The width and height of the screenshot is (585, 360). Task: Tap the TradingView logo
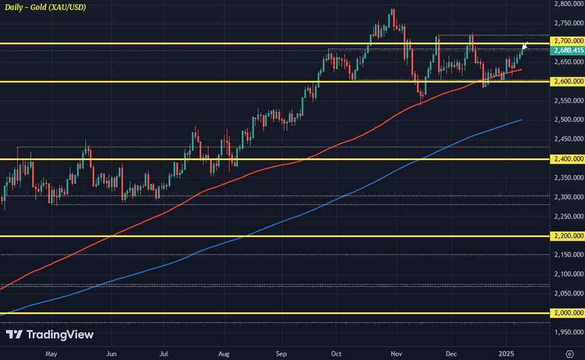point(50,335)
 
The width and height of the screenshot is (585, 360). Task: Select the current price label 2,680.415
point(567,51)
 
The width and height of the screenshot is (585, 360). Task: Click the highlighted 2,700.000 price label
point(567,41)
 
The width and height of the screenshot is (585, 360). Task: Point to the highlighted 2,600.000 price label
point(567,81)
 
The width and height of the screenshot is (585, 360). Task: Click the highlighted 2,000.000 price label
point(567,313)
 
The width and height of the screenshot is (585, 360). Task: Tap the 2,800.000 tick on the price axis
point(567,4)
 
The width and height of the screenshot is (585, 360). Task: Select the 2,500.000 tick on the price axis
point(567,120)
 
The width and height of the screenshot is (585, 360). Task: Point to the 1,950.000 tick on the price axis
point(567,332)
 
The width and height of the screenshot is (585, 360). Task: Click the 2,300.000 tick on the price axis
point(567,197)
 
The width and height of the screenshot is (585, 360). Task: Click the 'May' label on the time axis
point(52,352)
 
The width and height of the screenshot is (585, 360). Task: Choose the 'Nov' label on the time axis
point(395,352)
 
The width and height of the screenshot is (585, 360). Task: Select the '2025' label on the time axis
point(508,352)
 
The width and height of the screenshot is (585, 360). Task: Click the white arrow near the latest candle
point(525,45)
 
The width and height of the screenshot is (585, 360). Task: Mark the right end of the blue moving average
point(521,120)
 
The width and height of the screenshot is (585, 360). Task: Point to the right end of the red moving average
point(521,70)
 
